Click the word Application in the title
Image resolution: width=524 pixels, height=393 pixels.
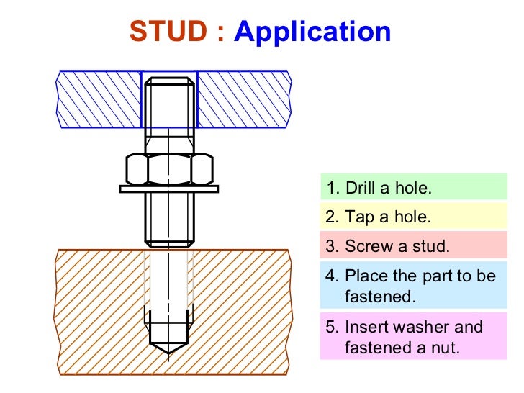(x=312, y=32)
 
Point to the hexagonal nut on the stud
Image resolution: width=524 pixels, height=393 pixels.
(x=169, y=170)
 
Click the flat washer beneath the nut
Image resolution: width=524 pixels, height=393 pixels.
(x=169, y=189)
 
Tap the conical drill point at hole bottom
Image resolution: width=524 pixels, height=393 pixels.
(x=169, y=343)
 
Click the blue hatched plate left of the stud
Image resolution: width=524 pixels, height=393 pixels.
(x=99, y=99)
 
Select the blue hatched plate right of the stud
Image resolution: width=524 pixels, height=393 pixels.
(x=243, y=99)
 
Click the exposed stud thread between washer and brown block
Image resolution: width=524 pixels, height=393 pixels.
(x=169, y=220)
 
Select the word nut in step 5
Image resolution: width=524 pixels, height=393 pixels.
(x=446, y=349)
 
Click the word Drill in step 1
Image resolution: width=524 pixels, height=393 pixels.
(x=360, y=189)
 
